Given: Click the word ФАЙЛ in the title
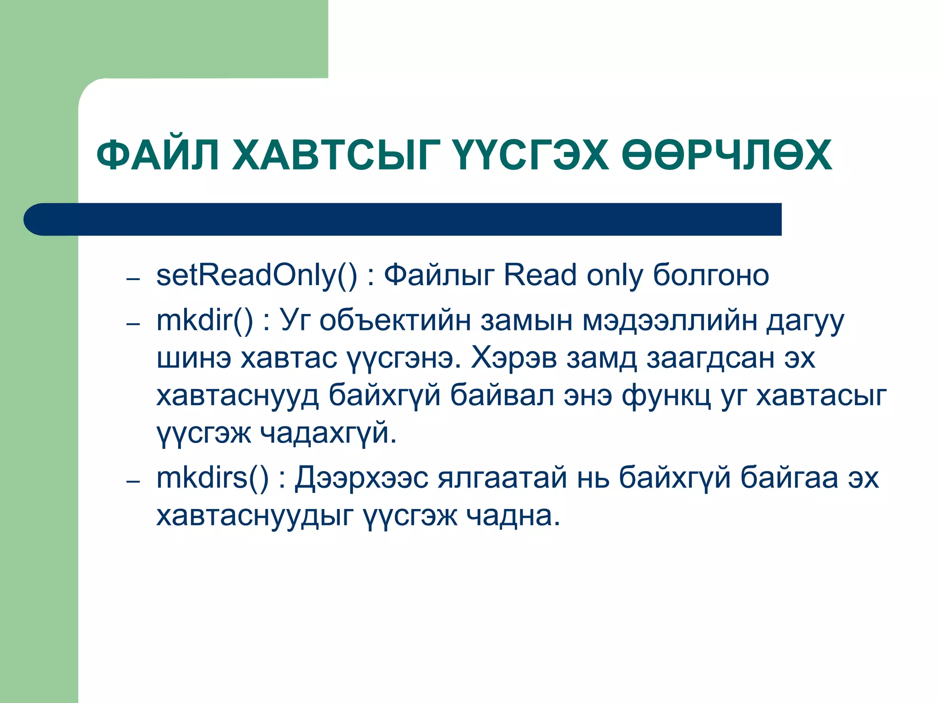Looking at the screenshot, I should tap(158, 156).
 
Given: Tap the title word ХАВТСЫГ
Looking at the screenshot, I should tap(337, 156).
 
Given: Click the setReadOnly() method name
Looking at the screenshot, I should tap(256, 276).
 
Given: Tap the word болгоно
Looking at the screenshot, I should tap(710, 276).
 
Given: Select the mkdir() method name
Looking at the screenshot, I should tap(204, 320).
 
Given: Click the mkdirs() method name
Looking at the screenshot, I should tap(212, 478).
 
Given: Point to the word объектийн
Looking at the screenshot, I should tap(395, 320).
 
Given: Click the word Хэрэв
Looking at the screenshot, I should tap(513, 358).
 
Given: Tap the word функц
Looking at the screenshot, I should tap(666, 396).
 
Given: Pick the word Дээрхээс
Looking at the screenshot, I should tap(361, 478).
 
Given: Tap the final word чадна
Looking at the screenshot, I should tap(513, 516).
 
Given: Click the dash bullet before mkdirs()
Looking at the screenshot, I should tap(133, 482).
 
